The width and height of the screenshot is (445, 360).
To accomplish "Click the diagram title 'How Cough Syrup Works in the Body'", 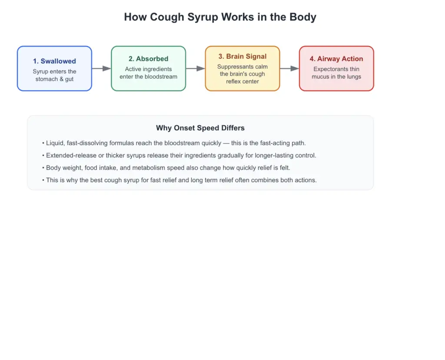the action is pos(220,17).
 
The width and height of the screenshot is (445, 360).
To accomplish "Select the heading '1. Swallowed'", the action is pos(54,61).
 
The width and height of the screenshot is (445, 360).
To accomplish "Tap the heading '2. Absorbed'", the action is pos(149,59).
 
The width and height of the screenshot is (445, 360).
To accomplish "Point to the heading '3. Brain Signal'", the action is pos(242,57).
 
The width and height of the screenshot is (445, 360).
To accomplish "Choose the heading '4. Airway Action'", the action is pos(336,59).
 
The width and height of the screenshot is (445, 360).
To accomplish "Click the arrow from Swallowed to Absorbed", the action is pos(101,68).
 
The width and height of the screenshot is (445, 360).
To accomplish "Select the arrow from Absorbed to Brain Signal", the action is pos(195,68).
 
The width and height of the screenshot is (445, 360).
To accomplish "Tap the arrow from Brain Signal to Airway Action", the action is pos(289,68).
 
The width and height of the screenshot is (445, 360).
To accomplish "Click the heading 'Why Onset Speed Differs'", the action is pos(200,128).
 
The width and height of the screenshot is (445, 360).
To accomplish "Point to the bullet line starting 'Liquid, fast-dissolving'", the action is pos(174,143).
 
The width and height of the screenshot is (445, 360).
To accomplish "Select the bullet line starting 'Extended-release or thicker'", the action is pos(179,156).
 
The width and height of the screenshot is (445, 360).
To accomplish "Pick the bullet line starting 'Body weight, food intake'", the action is pos(166,168).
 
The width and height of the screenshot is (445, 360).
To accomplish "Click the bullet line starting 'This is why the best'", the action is pos(179,180).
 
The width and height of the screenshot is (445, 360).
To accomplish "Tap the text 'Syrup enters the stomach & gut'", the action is pos(54,75).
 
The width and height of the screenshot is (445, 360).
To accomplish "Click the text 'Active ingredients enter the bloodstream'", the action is pos(149,73).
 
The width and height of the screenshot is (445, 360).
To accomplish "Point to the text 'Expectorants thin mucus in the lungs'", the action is pos(336,73).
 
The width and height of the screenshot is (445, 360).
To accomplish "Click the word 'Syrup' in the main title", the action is pos(203,17).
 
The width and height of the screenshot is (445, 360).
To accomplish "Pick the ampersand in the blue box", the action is pos(61,79).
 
